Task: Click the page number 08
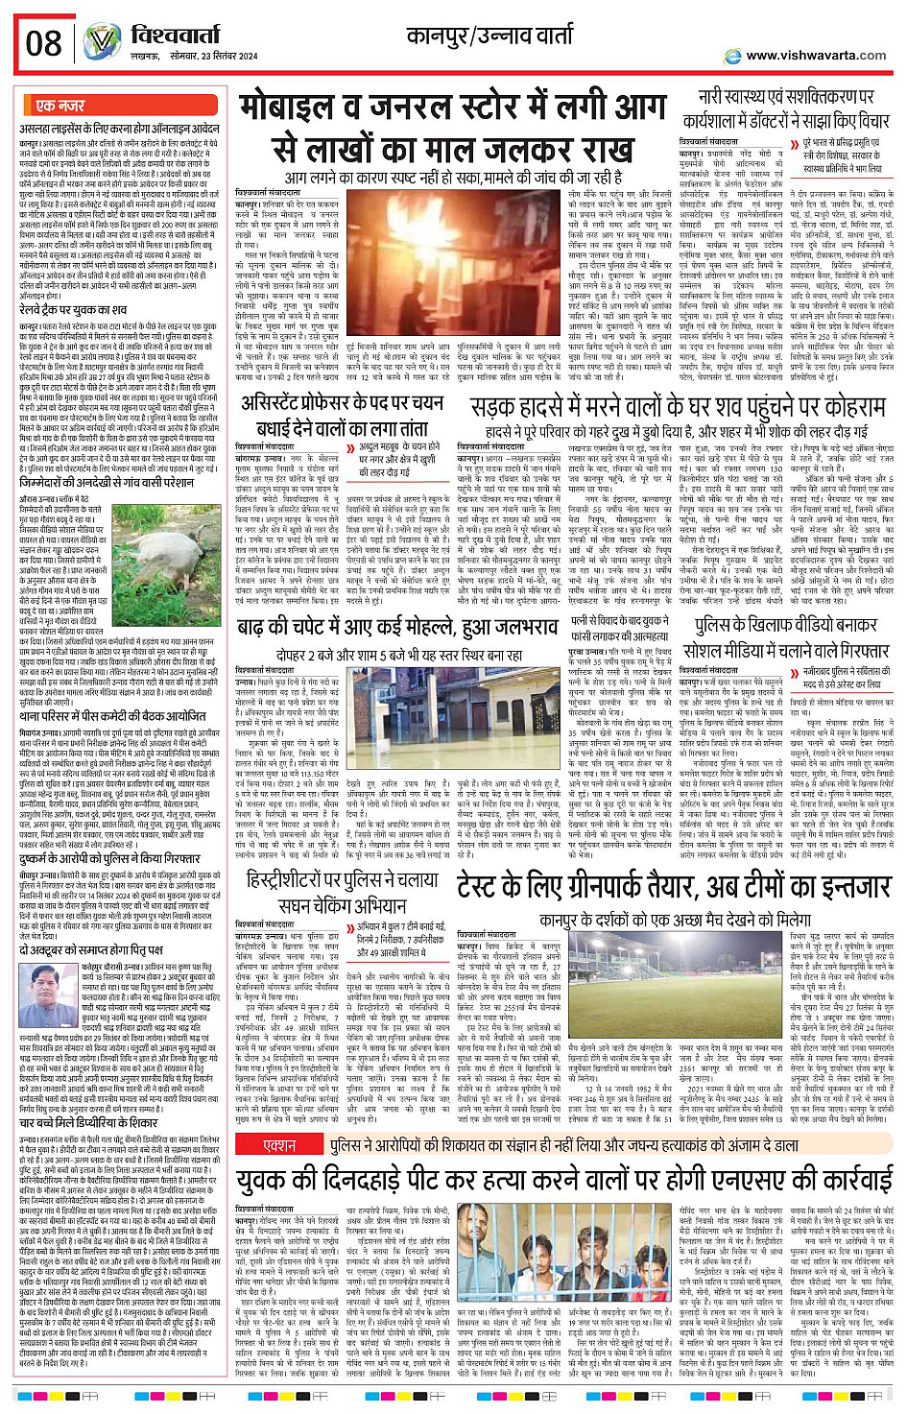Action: [44, 43]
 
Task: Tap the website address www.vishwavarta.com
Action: [816, 56]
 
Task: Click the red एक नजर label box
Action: [60, 106]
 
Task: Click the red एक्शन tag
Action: [279, 1145]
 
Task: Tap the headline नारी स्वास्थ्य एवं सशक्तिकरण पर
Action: [785, 96]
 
